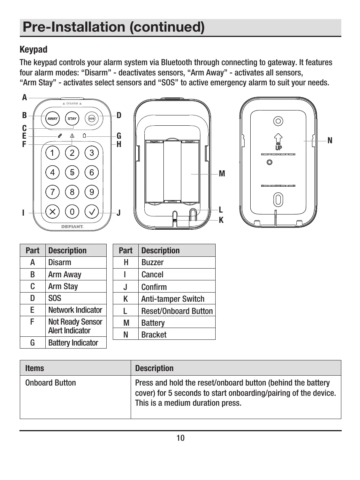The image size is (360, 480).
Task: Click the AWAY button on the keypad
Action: pyautogui.click(x=53, y=118)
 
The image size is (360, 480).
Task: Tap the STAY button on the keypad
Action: pyautogui.click(x=72, y=118)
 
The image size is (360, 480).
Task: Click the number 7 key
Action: pyautogui.click(x=53, y=192)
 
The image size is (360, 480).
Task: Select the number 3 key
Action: pyautogui.click(x=91, y=153)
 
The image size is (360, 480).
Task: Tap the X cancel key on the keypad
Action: pyautogui.click(x=53, y=211)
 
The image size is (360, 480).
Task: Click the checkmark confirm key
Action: pyautogui.click(x=91, y=211)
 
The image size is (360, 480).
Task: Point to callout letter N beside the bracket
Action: pyautogui.click(x=330, y=141)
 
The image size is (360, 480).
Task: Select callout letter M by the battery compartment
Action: pyautogui.click(x=222, y=174)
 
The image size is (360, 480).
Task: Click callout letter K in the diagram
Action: pyautogui.click(x=221, y=220)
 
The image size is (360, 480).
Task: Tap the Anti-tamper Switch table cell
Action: pyautogui.click(x=173, y=299)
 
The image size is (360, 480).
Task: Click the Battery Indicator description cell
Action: pyautogui.click(x=73, y=342)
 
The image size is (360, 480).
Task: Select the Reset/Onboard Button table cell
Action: pyautogui.click(x=177, y=311)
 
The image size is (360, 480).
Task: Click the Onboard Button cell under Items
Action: pyautogui.click(x=51, y=382)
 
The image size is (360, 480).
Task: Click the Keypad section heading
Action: pyautogui.click(x=34, y=50)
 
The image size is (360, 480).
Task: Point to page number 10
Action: pyautogui.click(x=180, y=438)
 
